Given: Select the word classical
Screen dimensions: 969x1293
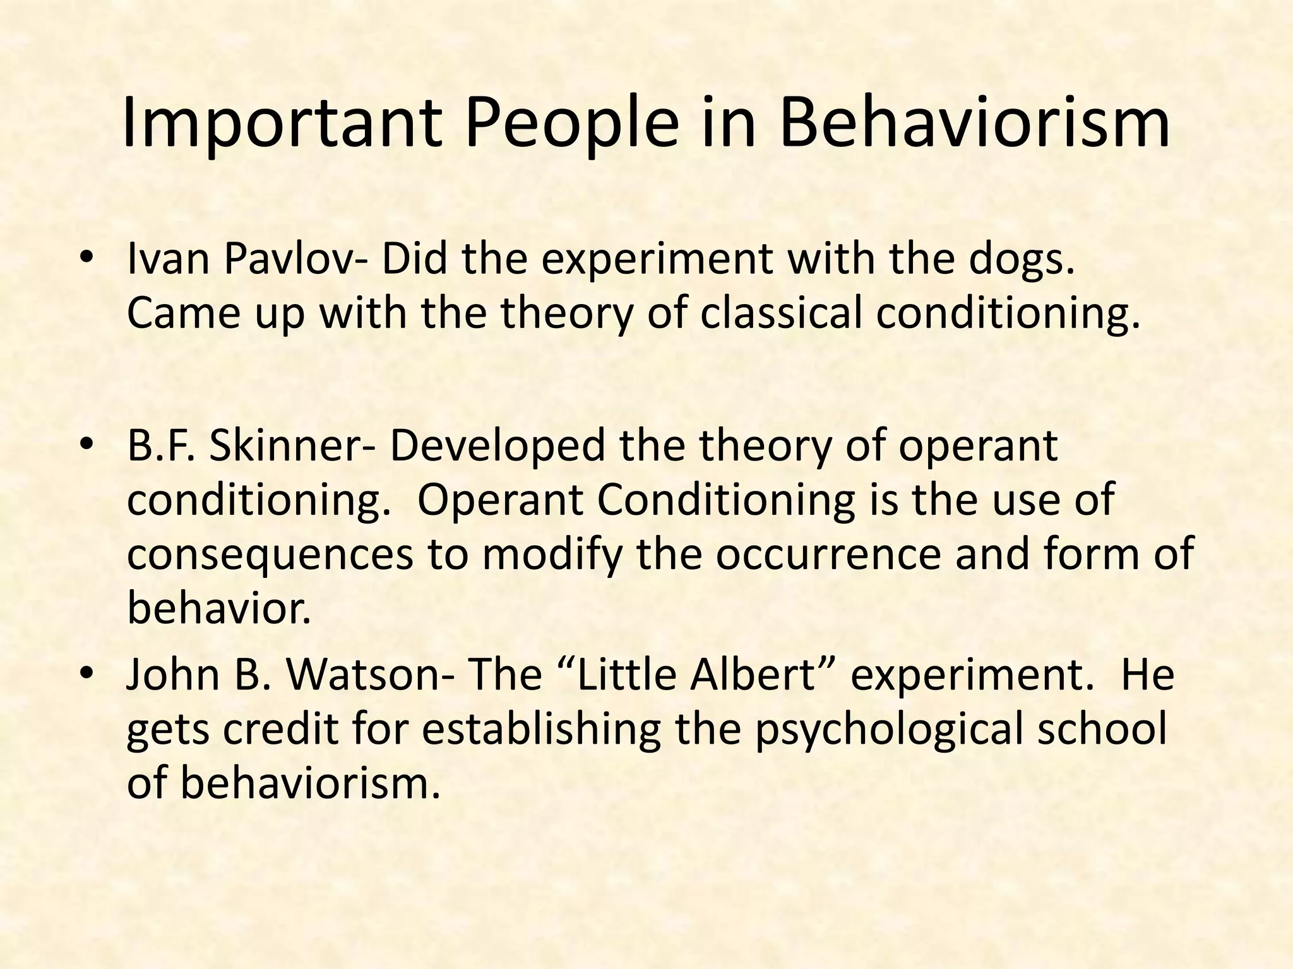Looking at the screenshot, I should (780, 314).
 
